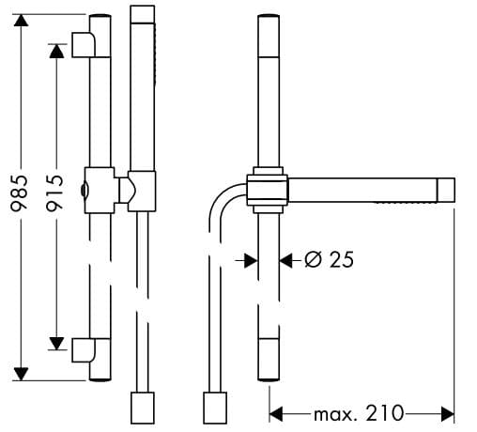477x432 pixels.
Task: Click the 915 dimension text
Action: pyautogui.click(x=54, y=193)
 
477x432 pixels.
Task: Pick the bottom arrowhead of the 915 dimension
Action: pyautogui.click(x=56, y=342)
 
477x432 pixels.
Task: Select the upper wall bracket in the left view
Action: pyautogui.click(x=84, y=43)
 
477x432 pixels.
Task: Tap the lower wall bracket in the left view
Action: pyautogui.click(x=84, y=349)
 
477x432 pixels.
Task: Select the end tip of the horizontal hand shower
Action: pyautogui.click(x=446, y=189)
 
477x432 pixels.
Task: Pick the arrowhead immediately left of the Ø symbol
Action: pyautogui.click(x=287, y=260)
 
